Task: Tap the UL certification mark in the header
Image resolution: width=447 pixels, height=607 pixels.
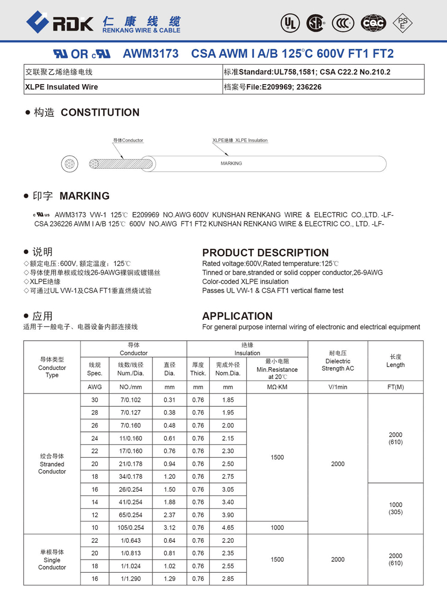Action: pyautogui.click(x=290, y=23)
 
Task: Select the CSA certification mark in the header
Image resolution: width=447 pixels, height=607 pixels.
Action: pyautogui.click(x=316, y=23)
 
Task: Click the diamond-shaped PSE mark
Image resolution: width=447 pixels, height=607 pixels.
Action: pyautogui.click(x=403, y=23)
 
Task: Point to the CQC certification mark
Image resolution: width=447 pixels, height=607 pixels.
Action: pyautogui.click(x=373, y=23)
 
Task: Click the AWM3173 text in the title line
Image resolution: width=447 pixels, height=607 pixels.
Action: pyautogui.click(x=150, y=54)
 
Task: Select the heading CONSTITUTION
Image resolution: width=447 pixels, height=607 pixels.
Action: pyautogui.click(x=100, y=113)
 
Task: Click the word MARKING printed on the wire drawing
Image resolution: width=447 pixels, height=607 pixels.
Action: pyautogui.click(x=231, y=164)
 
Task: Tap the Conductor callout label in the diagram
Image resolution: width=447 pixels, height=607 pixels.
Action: pyautogui.click(x=128, y=140)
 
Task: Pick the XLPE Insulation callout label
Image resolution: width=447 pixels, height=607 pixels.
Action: pyautogui.click(x=240, y=140)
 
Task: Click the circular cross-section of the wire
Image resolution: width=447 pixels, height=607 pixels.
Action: pyautogui.click(x=69, y=164)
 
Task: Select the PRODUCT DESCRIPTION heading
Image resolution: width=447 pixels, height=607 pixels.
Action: pyautogui.click(x=265, y=252)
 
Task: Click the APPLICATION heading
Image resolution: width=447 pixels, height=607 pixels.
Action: pyautogui.click(x=237, y=316)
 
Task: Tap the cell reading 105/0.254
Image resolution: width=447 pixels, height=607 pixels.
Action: pyautogui.click(x=130, y=528)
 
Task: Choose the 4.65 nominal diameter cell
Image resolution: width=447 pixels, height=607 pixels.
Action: pyautogui.click(x=228, y=528)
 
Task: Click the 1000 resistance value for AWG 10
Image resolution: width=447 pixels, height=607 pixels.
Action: pyautogui.click(x=277, y=528)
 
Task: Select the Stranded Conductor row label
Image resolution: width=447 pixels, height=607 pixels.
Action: pyautogui.click(x=52, y=464)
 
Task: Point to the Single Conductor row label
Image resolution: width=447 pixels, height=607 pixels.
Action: pyautogui.click(x=52, y=560)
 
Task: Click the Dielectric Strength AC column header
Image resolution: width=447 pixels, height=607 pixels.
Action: pyautogui.click(x=338, y=361)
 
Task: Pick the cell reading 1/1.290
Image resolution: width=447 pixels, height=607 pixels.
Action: pyautogui.click(x=130, y=579)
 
